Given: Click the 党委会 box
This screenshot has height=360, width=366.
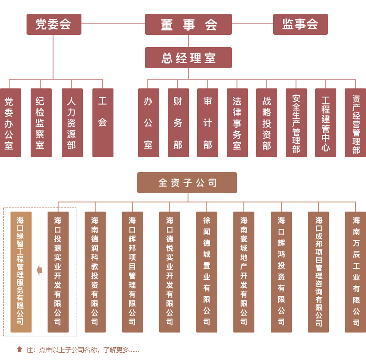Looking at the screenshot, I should pos(54,24).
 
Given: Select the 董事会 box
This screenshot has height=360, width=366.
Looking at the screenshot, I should pos(188,24).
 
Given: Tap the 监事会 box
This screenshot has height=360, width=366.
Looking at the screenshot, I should pos(300,24).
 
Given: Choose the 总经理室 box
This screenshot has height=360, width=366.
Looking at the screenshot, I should pos(188,58).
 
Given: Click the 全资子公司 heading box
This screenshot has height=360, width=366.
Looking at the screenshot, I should pos(187,183).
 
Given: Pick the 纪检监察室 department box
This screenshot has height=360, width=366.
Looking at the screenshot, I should pos(41,123).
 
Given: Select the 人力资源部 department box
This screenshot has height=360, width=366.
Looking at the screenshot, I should pos(72,123).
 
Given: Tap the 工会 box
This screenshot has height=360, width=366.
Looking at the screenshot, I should pos(102,123).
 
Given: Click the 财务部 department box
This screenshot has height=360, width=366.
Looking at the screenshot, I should pos(178,123).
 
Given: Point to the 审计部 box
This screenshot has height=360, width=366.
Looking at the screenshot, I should pos(207,123).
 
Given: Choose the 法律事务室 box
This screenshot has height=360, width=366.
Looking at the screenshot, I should pos(237,123).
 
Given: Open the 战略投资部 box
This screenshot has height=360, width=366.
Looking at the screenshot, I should pos(266,123).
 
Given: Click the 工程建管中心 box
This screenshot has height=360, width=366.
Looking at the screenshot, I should pos(325,123).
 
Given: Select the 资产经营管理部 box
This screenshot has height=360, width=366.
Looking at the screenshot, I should pos(355,123).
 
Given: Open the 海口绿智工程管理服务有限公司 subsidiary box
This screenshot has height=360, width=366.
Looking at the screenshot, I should pos(21,272).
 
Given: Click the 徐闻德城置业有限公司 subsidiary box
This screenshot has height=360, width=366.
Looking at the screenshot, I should pos(206,272).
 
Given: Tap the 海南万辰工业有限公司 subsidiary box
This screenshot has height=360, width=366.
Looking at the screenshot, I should pos(355,272).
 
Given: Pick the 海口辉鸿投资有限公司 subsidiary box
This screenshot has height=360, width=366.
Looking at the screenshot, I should pos(281,272).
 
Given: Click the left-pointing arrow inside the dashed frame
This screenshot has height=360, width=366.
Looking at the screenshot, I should pos(39,270).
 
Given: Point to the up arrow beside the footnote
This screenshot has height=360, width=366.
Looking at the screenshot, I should pos(20,349).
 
